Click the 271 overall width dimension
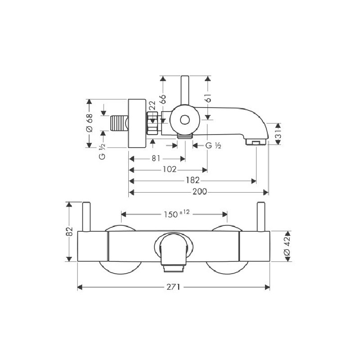(x=173, y=287)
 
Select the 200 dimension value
(x=199, y=192)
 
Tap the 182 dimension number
(x=193, y=180)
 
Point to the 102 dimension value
(x=170, y=170)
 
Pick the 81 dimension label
(x=156, y=158)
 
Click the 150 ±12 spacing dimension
(x=177, y=214)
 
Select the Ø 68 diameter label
(x=89, y=123)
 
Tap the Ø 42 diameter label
(x=287, y=246)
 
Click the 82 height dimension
(x=69, y=231)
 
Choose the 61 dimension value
(x=208, y=98)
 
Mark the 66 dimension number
(x=163, y=99)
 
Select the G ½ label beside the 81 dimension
(x=213, y=145)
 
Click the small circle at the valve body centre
(x=185, y=120)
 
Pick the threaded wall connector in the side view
(x=119, y=123)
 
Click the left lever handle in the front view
(x=86, y=217)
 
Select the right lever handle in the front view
(x=261, y=217)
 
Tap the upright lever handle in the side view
(x=185, y=91)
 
